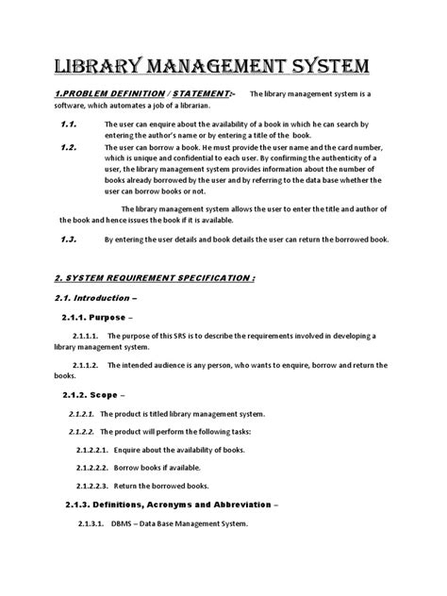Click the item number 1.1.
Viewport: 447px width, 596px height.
(69, 124)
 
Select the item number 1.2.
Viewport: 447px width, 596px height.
(69, 147)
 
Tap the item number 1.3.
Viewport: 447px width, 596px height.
(69, 240)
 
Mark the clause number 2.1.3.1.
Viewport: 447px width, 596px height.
(91, 524)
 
